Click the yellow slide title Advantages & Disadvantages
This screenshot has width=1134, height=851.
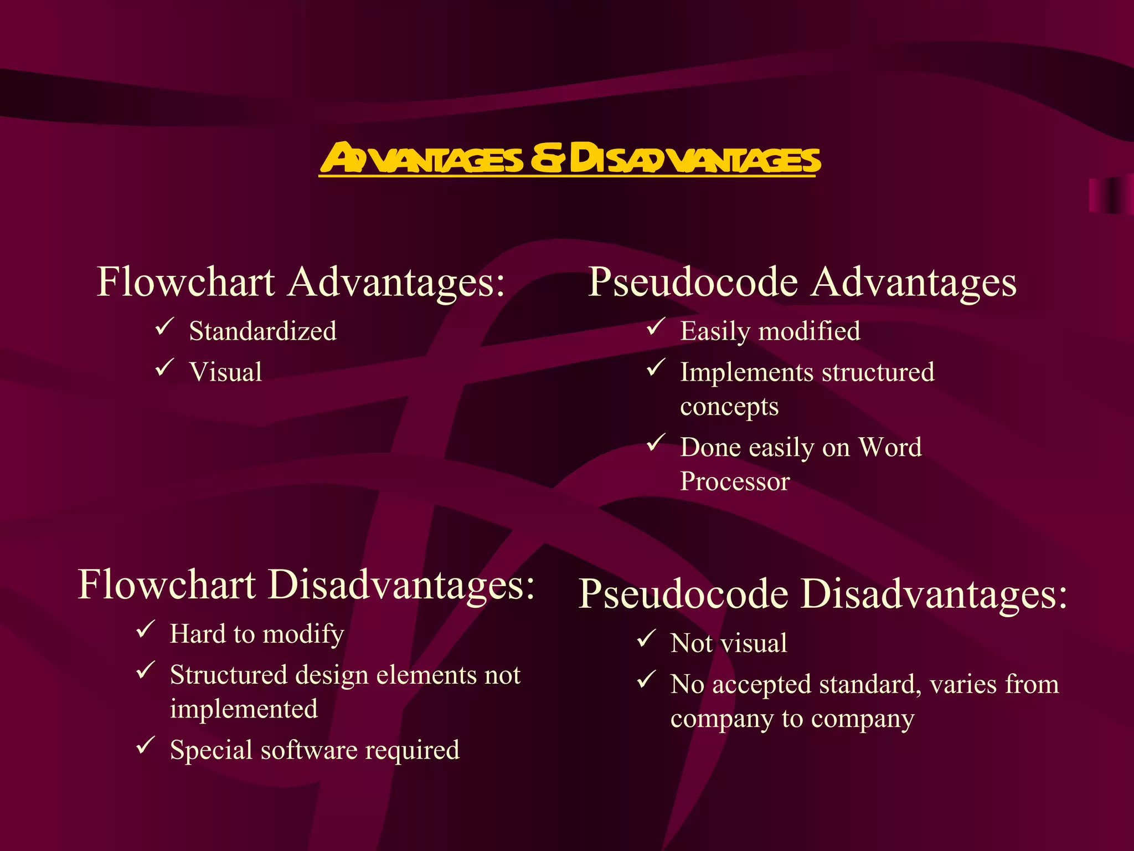[569, 158]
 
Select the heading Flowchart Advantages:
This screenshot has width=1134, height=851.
[301, 282]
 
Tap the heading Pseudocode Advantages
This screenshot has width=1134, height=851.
[802, 282]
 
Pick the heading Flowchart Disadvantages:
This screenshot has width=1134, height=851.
[306, 585]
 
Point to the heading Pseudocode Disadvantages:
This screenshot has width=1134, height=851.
[823, 594]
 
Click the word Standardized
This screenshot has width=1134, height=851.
[262, 331]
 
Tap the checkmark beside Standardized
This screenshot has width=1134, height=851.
[164, 326]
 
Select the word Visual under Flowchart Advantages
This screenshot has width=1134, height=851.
[225, 372]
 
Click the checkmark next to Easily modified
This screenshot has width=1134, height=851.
[656, 326]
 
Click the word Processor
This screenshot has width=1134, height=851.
[735, 481]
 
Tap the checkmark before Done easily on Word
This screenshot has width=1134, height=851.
[656, 443]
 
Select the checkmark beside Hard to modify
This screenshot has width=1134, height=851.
[145, 629]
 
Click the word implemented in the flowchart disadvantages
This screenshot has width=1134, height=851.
[244, 709]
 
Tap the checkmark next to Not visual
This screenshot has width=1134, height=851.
[646, 639]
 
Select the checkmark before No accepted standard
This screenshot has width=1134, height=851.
[646, 680]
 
